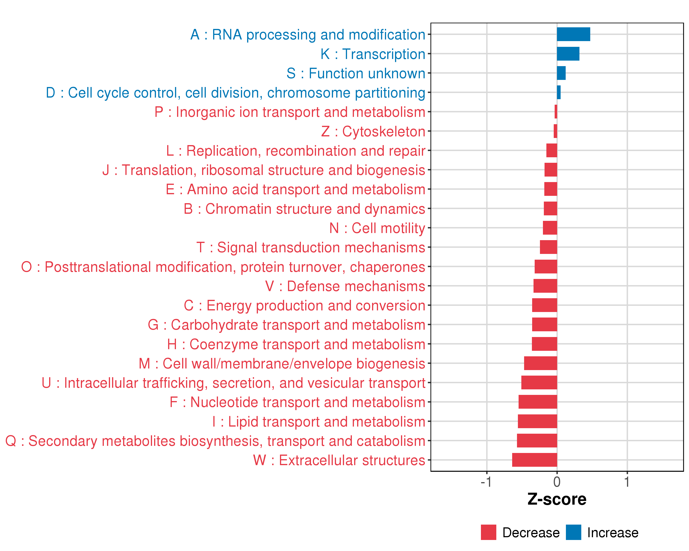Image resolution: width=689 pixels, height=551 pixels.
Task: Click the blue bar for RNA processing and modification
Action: click(573, 34)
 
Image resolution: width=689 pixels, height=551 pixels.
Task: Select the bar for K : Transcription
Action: click(568, 54)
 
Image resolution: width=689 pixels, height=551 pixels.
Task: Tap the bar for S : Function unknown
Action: click(561, 73)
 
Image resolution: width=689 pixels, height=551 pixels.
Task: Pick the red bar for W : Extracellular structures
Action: click(534, 460)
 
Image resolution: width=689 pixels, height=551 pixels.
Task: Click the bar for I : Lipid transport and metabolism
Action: click(537, 421)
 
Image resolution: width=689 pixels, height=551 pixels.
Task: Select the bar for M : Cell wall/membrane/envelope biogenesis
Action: click(540, 363)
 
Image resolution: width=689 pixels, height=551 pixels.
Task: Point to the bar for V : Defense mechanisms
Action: click(545, 286)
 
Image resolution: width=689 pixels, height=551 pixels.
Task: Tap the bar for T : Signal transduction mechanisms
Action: click(548, 247)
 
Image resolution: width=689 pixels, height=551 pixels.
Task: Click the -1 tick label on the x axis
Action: click(486, 482)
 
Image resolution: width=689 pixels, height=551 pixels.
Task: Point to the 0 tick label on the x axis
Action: click(557, 482)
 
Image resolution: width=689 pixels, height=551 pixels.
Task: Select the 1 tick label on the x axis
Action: click(627, 482)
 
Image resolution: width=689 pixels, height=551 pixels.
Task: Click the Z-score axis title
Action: click(557, 500)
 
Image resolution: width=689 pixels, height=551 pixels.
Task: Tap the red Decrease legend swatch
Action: click(488, 532)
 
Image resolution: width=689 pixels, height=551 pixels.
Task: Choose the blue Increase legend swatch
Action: click(573, 532)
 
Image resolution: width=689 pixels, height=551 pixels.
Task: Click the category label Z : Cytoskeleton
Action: click(373, 132)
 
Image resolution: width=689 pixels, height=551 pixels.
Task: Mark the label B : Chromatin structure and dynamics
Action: click(304, 209)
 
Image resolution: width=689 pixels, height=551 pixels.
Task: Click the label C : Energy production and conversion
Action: click(304, 306)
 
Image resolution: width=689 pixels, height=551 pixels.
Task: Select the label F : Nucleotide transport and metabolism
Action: click(297, 402)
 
